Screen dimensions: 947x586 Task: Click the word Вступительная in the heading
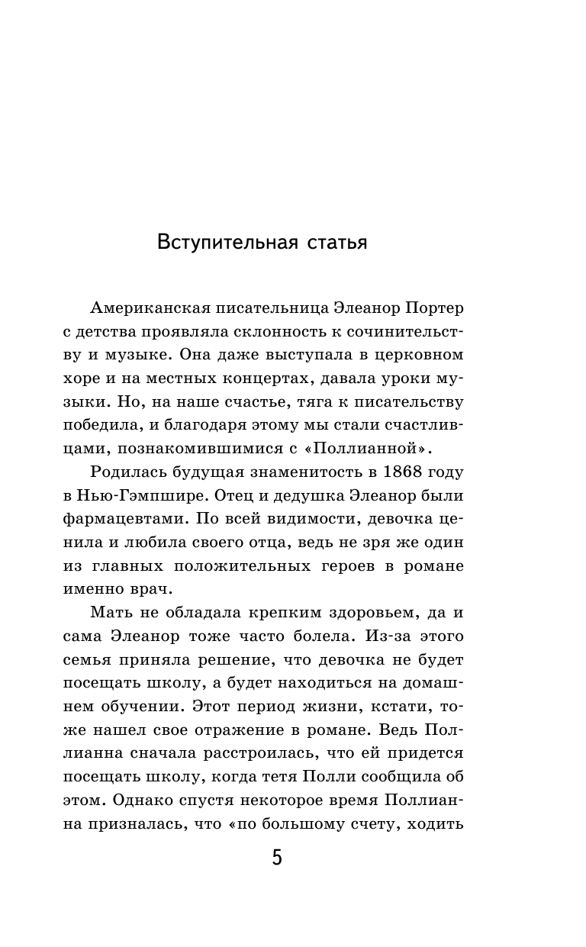pos(228,243)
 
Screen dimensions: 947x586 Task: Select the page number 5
pos(277,858)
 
